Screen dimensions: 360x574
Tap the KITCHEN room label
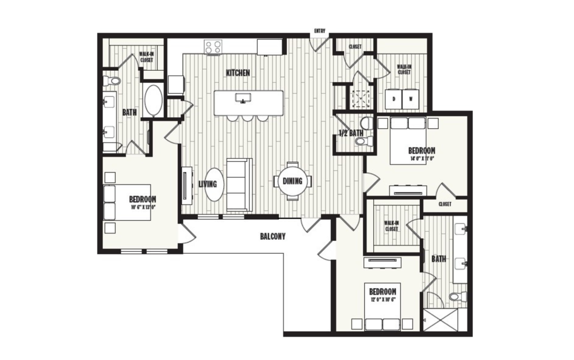pos(238,73)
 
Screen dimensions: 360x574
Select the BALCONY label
pos(272,236)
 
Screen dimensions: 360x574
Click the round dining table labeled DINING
pos(292,181)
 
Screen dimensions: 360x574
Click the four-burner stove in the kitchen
pos(213,47)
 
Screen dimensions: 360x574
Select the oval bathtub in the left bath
pos(153,101)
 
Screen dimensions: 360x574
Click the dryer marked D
pos(394,98)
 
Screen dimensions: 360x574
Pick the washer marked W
pos(411,98)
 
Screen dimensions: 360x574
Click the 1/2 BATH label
pos(350,134)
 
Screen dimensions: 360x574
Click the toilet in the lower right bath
pos(457,297)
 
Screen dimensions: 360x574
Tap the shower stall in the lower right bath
pos(440,320)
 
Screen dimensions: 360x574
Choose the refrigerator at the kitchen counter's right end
pos(269,47)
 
